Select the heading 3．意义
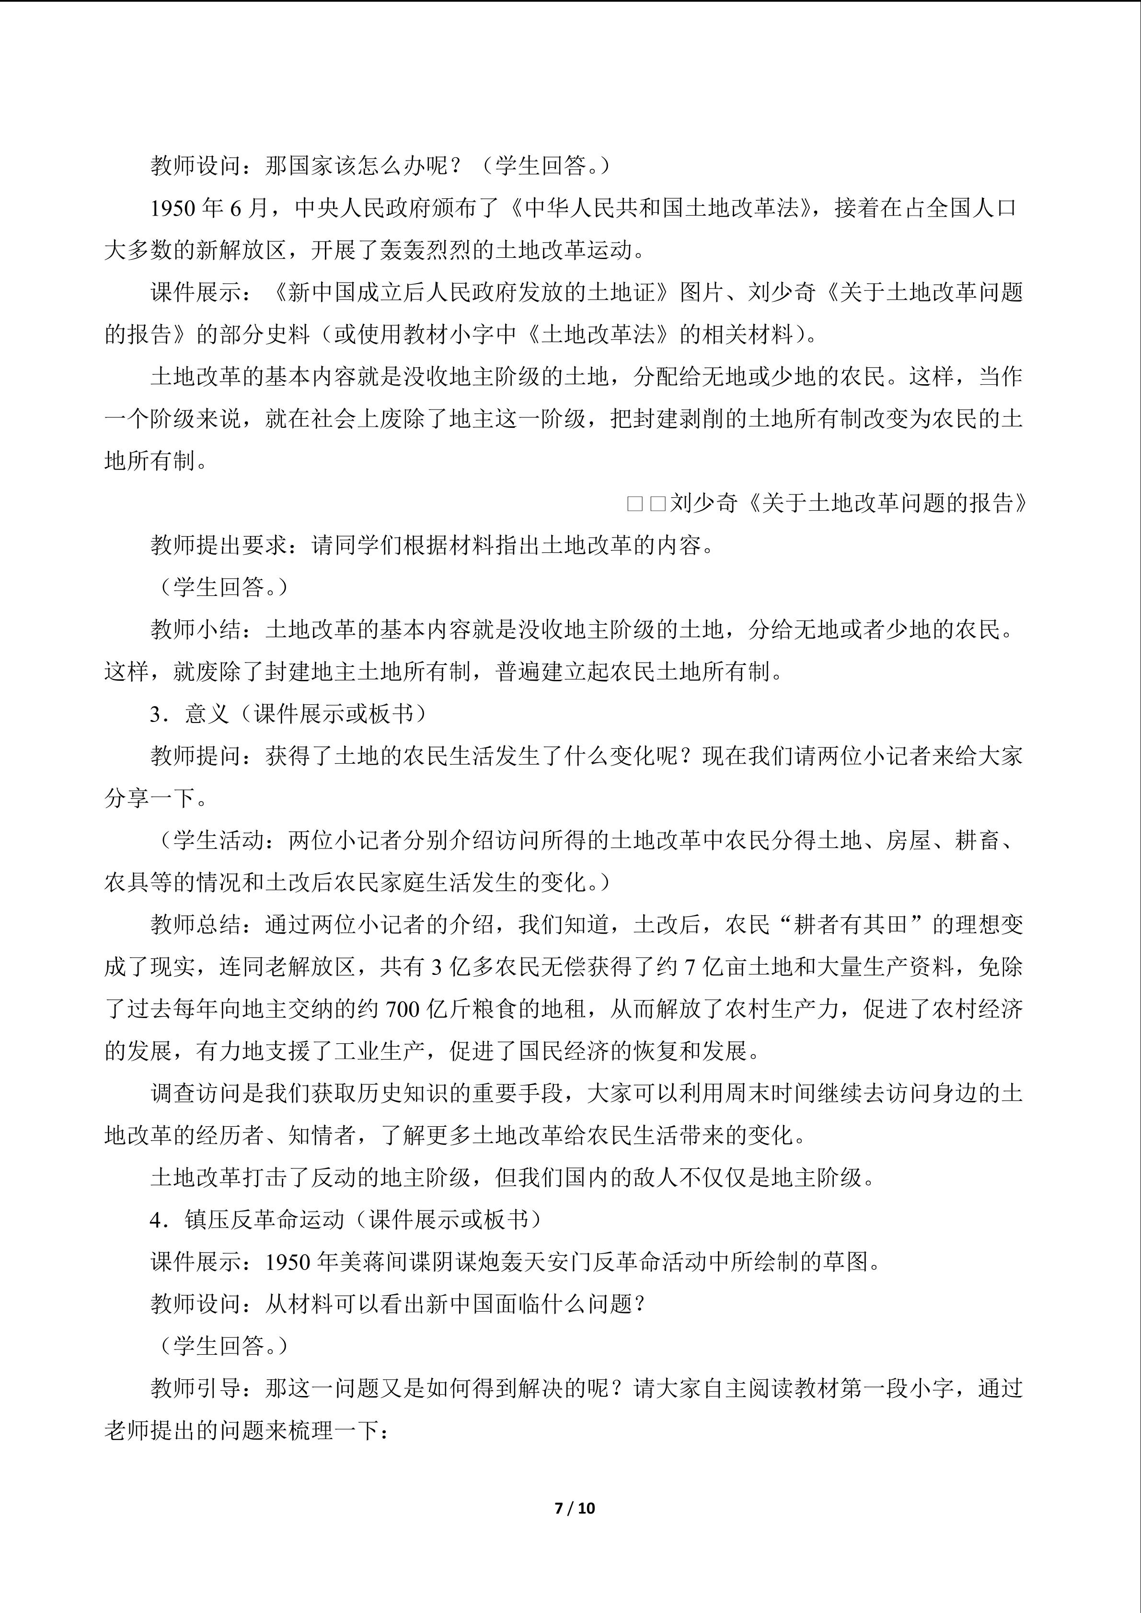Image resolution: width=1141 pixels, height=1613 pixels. pyautogui.click(x=190, y=714)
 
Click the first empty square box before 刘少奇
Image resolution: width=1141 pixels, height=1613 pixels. pyautogui.click(x=634, y=503)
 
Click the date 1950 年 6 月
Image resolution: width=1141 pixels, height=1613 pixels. pyautogui.click(x=209, y=208)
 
